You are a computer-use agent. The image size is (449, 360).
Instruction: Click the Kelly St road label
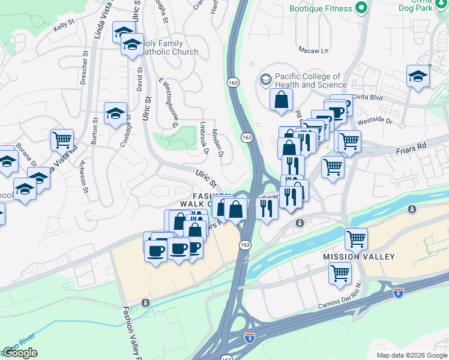coord(63,26)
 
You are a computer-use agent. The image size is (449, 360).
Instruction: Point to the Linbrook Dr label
coord(203,139)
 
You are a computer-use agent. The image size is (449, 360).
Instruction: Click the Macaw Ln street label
coord(317,51)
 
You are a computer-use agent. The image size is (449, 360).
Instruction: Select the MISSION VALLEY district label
coord(359,257)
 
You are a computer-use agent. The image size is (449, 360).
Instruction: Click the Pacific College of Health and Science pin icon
coord(265,79)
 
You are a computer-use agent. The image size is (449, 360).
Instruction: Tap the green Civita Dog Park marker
coord(361,8)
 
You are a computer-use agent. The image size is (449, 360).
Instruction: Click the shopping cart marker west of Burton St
coord(62,140)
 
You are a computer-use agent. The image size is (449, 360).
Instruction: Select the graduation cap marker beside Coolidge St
coord(115,114)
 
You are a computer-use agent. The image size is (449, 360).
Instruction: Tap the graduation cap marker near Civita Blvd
coord(418,76)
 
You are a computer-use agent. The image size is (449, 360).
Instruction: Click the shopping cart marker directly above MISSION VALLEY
coord(356,238)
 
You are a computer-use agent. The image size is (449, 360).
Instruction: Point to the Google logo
coord(20,353)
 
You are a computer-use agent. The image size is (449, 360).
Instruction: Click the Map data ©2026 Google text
coord(411,355)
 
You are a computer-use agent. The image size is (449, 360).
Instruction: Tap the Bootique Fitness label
coord(320,8)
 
